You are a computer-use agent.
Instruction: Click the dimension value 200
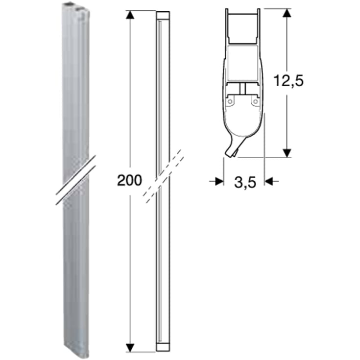[x=129, y=180]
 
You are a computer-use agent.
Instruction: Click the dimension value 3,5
[x=244, y=182]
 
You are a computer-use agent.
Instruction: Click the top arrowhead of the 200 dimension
[x=130, y=15]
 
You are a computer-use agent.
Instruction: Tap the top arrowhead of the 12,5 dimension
[x=288, y=12]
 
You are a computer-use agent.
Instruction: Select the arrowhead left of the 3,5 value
[x=219, y=181]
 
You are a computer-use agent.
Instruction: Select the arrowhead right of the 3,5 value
[x=269, y=181]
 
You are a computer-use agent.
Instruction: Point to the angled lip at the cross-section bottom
[x=231, y=149]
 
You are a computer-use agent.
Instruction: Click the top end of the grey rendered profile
[x=75, y=7]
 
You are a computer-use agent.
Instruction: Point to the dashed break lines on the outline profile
[x=164, y=175]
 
